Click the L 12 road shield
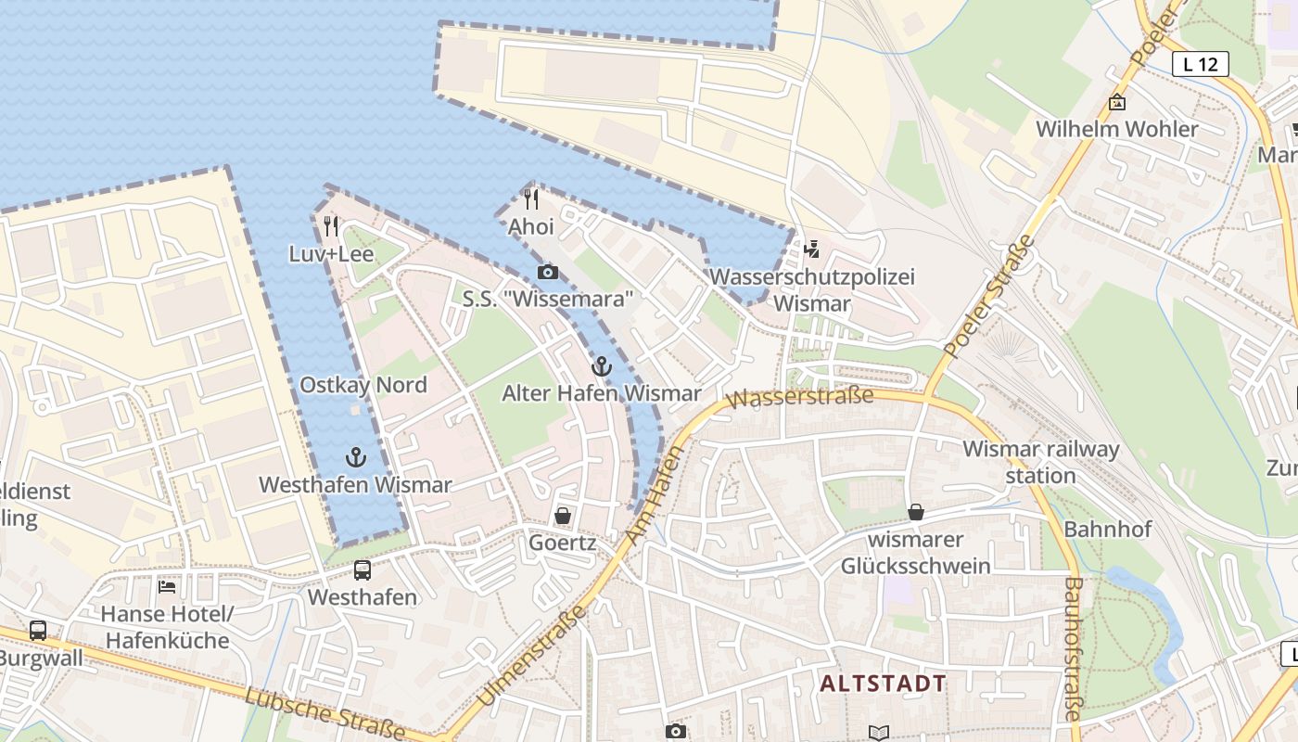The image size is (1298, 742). click(x=1201, y=64)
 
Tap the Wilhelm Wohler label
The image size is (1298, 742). click(x=1116, y=129)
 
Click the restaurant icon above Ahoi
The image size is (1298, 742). click(x=531, y=198)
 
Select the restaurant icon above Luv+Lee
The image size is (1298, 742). click(x=331, y=225)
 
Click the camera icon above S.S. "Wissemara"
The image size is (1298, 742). click(x=548, y=272)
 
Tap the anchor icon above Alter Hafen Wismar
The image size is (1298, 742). click(x=602, y=366)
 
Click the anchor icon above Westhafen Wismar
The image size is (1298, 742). click(x=355, y=456)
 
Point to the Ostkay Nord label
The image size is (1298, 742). click(x=363, y=385)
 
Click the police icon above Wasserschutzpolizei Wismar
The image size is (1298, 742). click(x=812, y=249)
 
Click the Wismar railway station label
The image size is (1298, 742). click(x=1040, y=462)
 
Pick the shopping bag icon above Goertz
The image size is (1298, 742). click(x=562, y=515)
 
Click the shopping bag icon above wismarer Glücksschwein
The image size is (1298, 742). click(x=915, y=512)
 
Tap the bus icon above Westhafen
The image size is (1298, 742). click(x=363, y=570)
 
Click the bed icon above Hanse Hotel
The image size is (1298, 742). click(x=167, y=586)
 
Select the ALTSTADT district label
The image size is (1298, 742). click(x=884, y=684)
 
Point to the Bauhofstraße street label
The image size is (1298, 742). click(x=1073, y=648)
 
